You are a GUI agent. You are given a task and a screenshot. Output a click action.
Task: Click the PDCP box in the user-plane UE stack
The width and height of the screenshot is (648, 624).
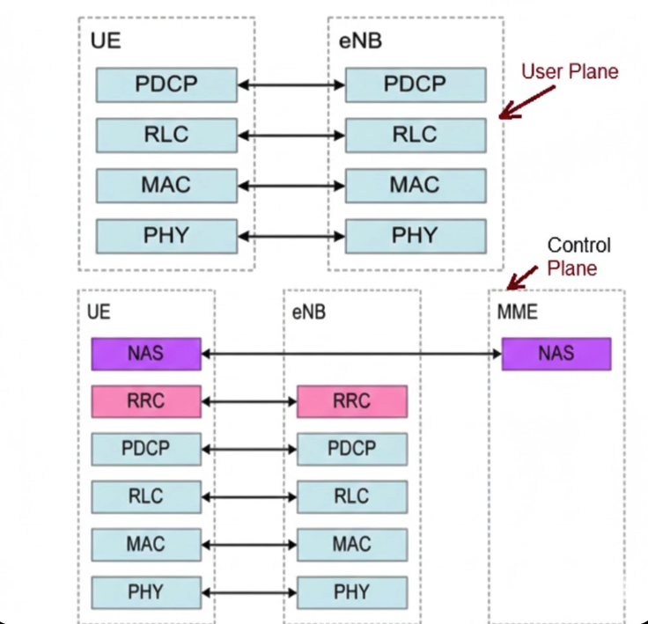click(x=166, y=84)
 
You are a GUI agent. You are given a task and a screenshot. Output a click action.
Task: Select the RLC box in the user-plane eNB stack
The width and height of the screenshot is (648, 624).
click(x=415, y=135)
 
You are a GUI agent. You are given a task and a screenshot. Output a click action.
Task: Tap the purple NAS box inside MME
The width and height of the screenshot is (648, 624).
click(x=556, y=354)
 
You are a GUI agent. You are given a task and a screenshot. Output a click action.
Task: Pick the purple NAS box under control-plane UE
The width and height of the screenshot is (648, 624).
click(x=146, y=354)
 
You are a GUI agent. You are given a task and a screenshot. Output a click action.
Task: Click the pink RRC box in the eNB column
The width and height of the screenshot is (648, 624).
click(x=351, y=401)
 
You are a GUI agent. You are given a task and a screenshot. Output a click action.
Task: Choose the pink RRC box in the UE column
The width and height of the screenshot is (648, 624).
click(x=146, y=401)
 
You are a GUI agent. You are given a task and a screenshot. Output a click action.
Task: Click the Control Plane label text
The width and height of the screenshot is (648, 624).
click(x=578, y=256)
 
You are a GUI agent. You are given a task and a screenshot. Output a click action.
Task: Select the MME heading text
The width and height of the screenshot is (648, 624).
click(x=517, y=312)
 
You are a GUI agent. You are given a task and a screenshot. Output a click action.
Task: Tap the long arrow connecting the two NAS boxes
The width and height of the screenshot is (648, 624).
click(x=351, y=354)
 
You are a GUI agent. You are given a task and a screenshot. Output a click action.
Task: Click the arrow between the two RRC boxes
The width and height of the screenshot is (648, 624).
click(x=249, y=401)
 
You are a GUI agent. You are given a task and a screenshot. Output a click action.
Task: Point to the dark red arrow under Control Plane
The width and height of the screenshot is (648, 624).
click(x=519, y=278)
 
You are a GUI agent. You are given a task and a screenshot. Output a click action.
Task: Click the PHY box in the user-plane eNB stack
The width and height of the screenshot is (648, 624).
click(x=415, y=235)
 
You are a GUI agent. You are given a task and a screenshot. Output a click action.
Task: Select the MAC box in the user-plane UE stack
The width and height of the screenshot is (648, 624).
click(x=166, y=185)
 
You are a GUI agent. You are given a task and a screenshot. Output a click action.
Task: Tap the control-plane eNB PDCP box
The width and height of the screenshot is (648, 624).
click(x=351, y=449)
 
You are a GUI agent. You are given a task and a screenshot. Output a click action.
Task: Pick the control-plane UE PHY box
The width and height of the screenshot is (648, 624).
click(x=146, y=591)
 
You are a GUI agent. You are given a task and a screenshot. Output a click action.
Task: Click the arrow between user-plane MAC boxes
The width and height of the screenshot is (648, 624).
click(x=291, y=185)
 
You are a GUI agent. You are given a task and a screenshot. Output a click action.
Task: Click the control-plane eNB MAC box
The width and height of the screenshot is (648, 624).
click(x=351, y=543)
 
